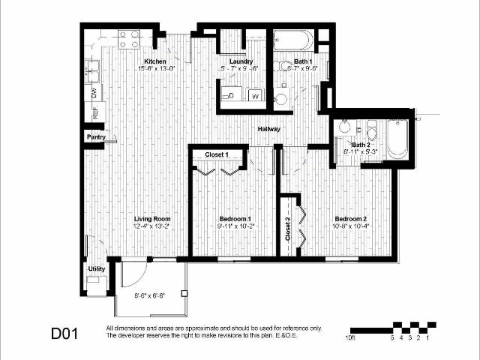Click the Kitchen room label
click(x=155, y=61)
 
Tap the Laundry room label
click(x=241, y=61)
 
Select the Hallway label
click(x=268, y=129)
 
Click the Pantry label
click(x=95, y=137)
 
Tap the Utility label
click(x=96, y=268)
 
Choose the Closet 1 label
click(x=217, y=154)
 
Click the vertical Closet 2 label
click(x=288, y=228)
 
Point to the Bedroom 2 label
click(x=349, y=217)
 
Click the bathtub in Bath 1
click(x=293, y=40)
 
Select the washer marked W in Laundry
click(x=255, y=95)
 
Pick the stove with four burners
click(x=129, y=38)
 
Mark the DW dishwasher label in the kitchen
click(x=94, y=93)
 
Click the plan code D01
click(x=65, y=332)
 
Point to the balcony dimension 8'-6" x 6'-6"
click(x=150, y=295)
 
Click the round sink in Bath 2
click(x=345, y=126)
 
